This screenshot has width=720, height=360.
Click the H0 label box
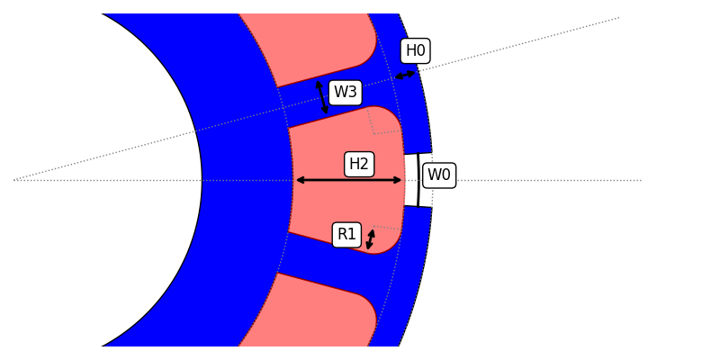(415, 51)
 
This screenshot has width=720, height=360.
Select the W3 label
(345, 92)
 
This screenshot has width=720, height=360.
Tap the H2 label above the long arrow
(359, 164)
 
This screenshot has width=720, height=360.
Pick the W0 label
(438, 175)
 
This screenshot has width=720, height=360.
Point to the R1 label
(346, 235)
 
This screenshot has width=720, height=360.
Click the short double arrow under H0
(405, 75)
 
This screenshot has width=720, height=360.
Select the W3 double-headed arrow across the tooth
(321, 97)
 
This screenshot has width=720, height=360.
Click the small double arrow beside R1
(370, 239)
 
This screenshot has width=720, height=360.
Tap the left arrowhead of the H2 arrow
(299, 180)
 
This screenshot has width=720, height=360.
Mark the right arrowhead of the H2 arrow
(400, 180)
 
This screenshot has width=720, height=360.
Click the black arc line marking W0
(418, 180)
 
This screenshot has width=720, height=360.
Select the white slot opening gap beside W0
(411, 180)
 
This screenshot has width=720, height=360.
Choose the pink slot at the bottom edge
(315, 315)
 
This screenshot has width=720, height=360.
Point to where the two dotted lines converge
(15, 180)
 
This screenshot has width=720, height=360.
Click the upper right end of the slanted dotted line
(618, 18)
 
